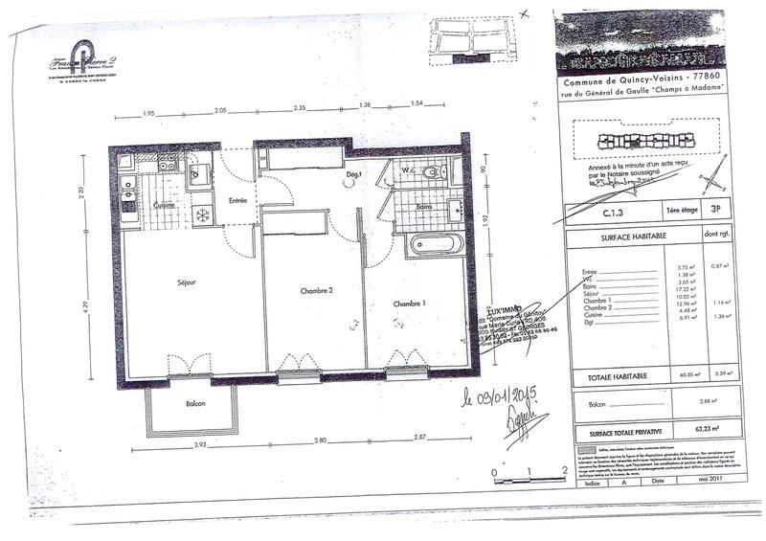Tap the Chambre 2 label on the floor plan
(x=315, y=291)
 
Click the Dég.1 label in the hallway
(x=353, y=174)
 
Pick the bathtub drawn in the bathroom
(x=435, y=245)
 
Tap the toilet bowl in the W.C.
(x=432, y=173)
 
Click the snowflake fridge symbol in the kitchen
(x=202, y=214)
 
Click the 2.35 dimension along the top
(x=300, y=108)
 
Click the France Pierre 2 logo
(x=83, y=59)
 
